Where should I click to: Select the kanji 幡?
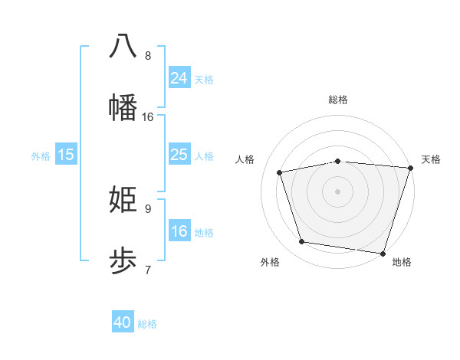tap(123, 106)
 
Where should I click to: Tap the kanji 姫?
tap(123, 199)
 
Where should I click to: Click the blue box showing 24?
tap(179, 78)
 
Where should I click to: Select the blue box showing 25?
tap(179, 155)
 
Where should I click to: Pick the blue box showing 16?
tap(179, 232)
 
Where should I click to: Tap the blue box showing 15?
tap(66, 155)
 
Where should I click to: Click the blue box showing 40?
tap(123, 322)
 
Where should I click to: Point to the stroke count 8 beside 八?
tap(148, 55)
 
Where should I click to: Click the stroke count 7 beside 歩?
tap(148, 269)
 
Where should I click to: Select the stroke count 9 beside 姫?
tap(148, 208)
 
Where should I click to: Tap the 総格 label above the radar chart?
tap(338, 100)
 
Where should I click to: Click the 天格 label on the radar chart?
tap(432, 159)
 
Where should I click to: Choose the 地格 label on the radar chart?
tap(402, 263)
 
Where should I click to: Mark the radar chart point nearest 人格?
tap(280, 172)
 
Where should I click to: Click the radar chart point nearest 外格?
tap(302, 242)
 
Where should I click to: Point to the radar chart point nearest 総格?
tap(338, 161)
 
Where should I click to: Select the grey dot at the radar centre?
tap(338, 191)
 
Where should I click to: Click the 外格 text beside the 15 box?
tap(41, 156)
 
